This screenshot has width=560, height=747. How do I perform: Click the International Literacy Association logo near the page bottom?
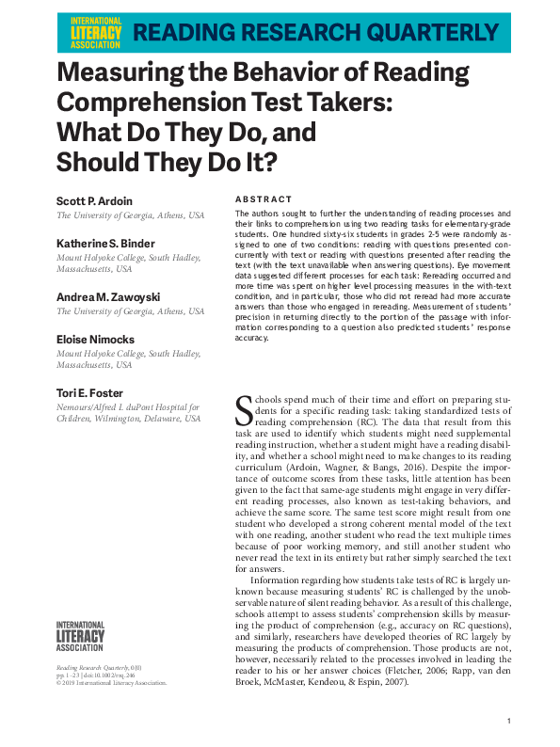coord(81,636)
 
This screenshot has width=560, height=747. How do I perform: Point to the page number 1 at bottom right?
coord(508,721)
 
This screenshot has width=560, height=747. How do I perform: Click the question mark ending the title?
coord(243,162)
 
